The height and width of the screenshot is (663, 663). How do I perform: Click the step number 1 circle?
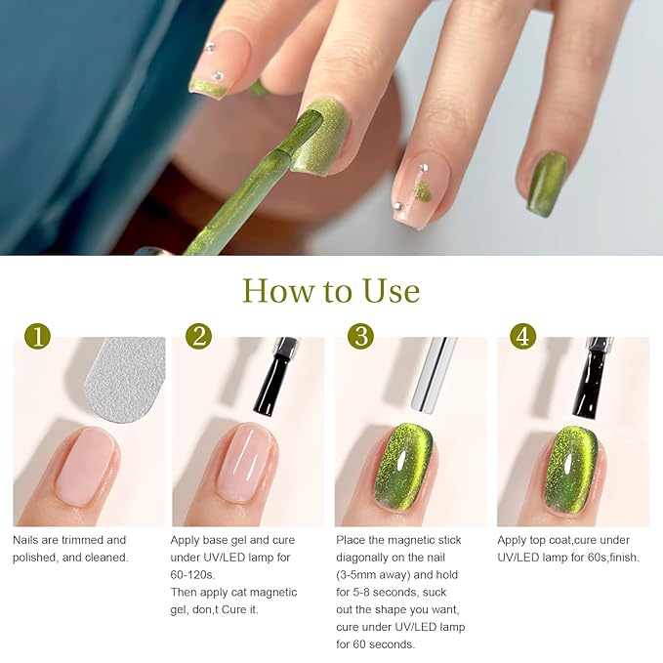point(38,336)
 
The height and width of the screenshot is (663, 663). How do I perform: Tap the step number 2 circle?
point(198,336)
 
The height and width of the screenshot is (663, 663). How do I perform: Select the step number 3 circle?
point(360,336)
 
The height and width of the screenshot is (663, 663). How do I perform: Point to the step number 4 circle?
point(523,336)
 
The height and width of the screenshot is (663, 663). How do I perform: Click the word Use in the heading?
point(392,291)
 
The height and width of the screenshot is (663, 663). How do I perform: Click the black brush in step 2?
point(272,376)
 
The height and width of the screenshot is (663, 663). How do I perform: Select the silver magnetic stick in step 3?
point(435,374)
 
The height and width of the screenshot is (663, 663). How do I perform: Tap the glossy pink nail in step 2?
point(247,463)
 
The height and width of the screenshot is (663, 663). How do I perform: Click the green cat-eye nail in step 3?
point(403,468)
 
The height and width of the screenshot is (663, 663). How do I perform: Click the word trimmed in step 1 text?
point(80,540)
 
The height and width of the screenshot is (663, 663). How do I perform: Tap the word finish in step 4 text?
point(624,558)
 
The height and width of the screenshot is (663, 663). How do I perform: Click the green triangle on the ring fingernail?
point(423,190)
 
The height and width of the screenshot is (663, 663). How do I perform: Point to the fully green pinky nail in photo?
point(547,184)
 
